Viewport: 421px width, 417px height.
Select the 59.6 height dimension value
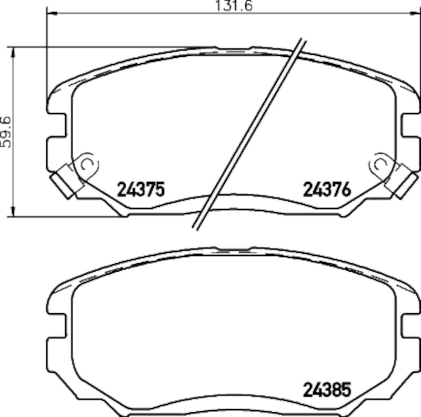pyautogui.click(x=6, y=131)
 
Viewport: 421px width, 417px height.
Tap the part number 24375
pyautogui.click(x=141, y=189)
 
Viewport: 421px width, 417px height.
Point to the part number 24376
pyautogui.click(x=326, y=189)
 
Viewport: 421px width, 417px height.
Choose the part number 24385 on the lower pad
pyautogui.click(x=326, y=390)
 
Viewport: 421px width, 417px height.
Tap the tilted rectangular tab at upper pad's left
pyautogui.click(x=66, y=181)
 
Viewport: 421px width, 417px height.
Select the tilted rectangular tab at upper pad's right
pyautogui.click(x=401, y=181)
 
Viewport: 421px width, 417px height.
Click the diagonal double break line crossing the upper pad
pyautogui.click(x=247, y=134)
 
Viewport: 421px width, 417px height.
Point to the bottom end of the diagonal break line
pyautogui.click(x=196, y=227)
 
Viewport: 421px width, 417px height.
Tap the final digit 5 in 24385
pyautogui.click(x=345, y=390)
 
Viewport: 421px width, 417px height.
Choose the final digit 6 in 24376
pyautogui.click(x=345, y=189)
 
